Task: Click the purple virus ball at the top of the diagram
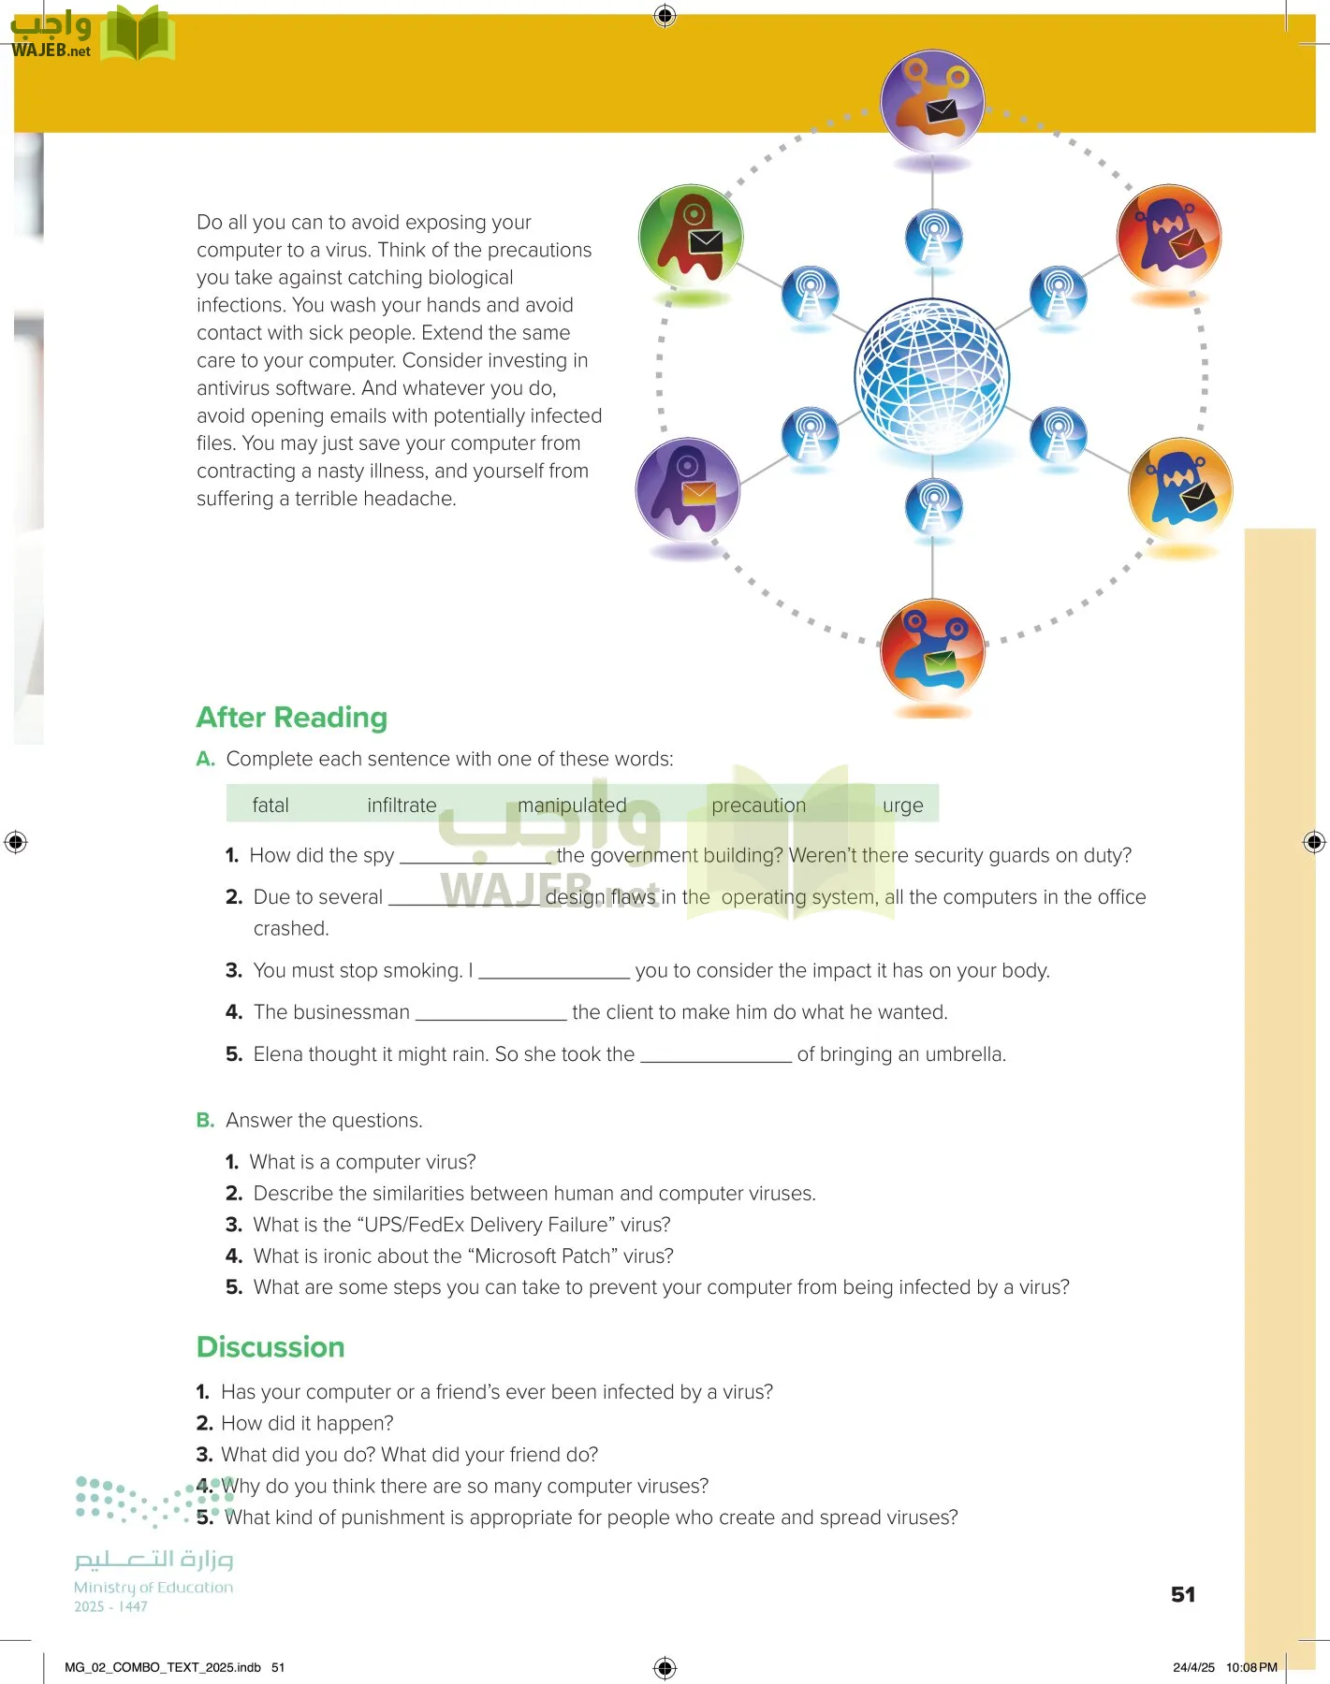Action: (x=932, y=101)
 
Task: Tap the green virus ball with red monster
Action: (x=691, y=236)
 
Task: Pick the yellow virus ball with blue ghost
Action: (x=1180, y=489)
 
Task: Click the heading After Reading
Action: (x=291, y=718)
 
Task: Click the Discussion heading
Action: (x=270, y=1347)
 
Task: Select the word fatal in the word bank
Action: (x=270, y=806)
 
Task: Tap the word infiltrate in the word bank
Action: (x=402, y=806)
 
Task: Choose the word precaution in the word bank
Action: (x=758, y=806)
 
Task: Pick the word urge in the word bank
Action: (x=902, y=806)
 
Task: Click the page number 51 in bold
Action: (x=1183, y=1594)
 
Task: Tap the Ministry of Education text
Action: (x=153, y=1588)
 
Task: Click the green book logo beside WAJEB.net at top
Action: (x=137, y=35)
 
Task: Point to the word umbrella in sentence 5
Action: (x=964, y=1054)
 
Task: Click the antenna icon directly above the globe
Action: (x=932, y=238)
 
